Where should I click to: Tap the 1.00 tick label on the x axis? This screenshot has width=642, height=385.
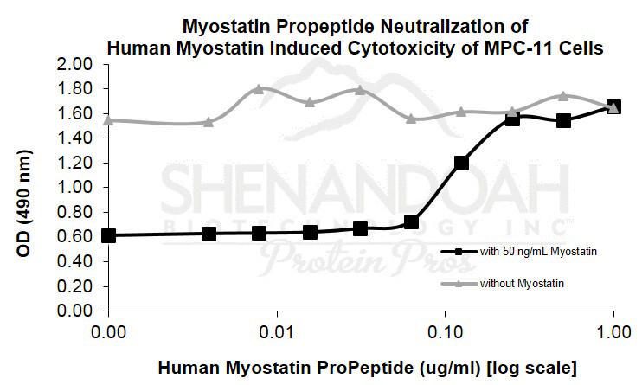(613, 330)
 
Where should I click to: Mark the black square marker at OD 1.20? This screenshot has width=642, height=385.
(461, 163)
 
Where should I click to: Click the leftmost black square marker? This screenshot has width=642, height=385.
(108, 235)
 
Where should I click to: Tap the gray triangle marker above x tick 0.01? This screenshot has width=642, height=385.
(259, 89)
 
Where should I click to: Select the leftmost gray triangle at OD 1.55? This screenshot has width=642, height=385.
(108, 120)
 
